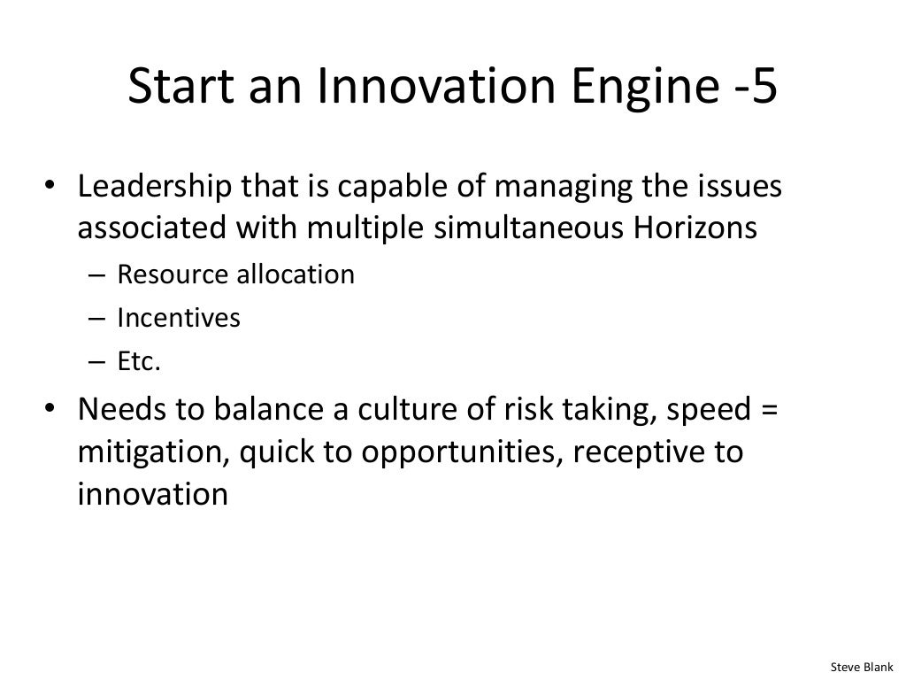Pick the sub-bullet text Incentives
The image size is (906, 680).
178,318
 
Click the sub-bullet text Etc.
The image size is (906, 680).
140,361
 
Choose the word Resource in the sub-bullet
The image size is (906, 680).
173,274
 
